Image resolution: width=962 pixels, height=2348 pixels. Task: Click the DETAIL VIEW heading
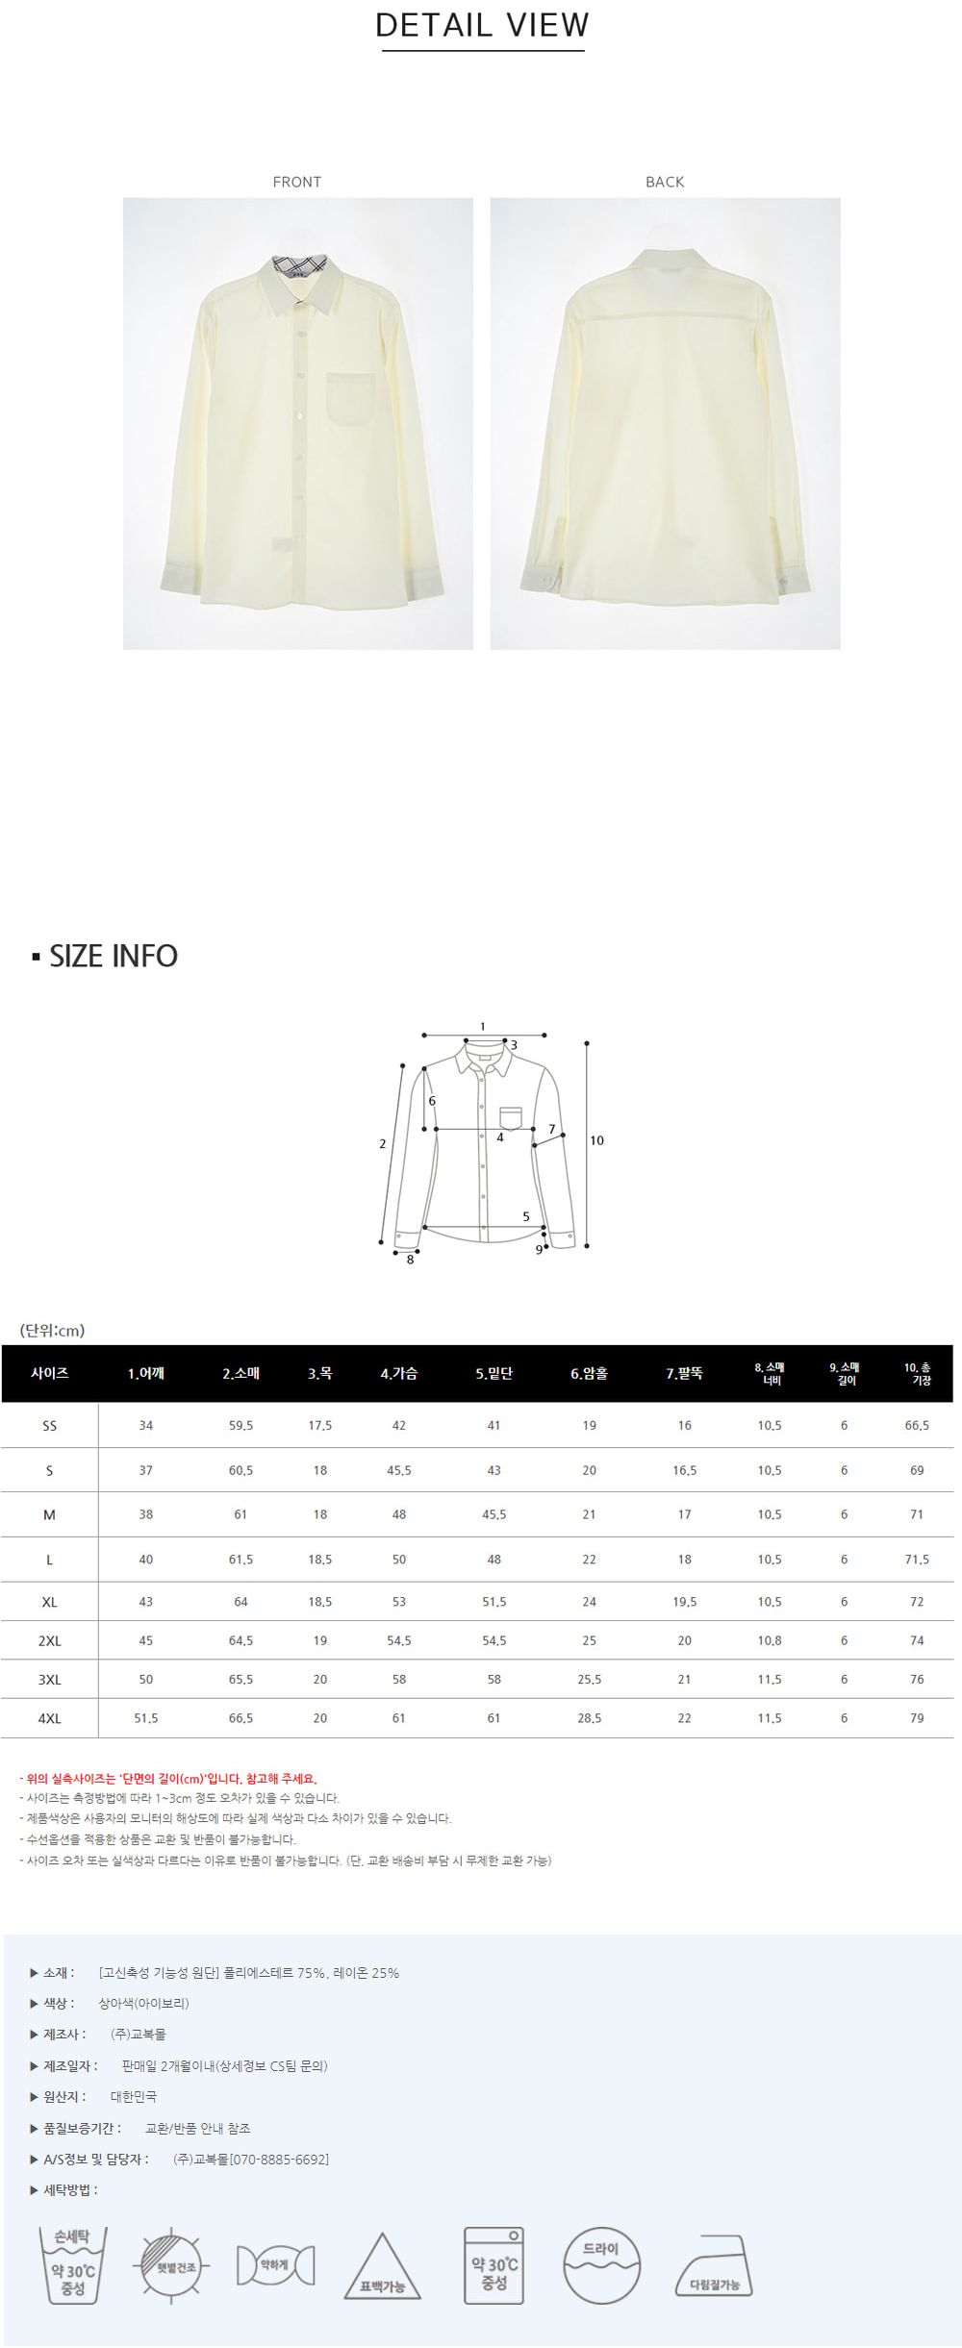(x=482, y=25)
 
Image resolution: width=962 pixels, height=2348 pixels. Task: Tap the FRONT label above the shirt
(x=296, y=182)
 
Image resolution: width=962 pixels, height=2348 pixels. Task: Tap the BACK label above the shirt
(x=665, y=182)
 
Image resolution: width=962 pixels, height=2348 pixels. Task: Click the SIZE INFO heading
(x=114, y=956)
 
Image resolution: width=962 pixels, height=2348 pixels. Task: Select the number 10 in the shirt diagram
(x=596, y=1140)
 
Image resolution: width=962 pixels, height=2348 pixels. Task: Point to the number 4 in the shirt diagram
(x=500, y=1137)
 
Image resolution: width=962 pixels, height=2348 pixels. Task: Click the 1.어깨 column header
(x=145, y=1373)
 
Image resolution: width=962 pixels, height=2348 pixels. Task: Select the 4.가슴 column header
(x=398, y=1373)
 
